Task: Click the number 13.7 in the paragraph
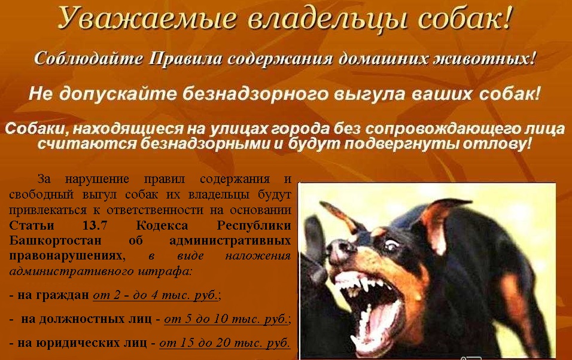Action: pyautogui.click(x=95, y=225)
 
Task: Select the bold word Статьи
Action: pyautogui.click(x=32, y=225)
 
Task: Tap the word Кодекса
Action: pyautogui.click(x=162, y=225)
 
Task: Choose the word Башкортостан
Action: pyautogui.click(x=55, y=241)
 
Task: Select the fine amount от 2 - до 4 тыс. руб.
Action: pyautogui.click(x=156, y=295)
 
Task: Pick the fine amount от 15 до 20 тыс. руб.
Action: pyautogui.click(x=225, y=343)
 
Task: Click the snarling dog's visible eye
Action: pyautogui.click(x=391, y=245)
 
